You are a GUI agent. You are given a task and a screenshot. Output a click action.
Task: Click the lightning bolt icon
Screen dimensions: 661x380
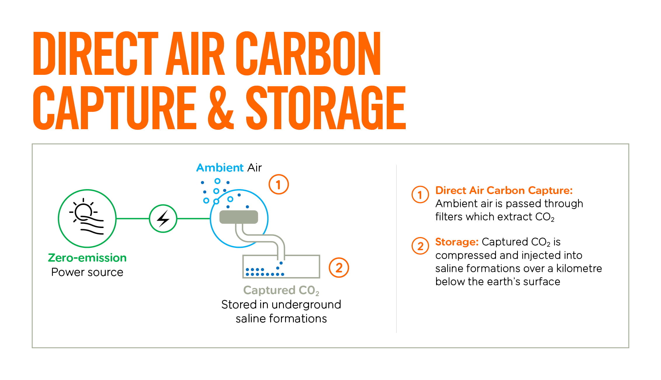coord(163,219)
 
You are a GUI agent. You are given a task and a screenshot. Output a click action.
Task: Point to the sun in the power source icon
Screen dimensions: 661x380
coord(84,212)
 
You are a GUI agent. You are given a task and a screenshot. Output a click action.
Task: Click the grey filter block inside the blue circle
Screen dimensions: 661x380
coord(239,217)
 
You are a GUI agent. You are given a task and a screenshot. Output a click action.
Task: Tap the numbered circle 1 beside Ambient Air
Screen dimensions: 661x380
coord(279,184)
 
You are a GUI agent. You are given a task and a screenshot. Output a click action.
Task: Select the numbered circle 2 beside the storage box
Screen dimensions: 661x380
coord(339,268)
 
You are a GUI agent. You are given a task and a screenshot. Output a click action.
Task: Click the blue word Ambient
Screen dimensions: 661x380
coord(220,168)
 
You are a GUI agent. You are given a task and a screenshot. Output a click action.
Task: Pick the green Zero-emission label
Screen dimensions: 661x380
coord(87,258)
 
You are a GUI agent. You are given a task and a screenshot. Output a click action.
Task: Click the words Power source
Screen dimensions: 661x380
coord(87,272)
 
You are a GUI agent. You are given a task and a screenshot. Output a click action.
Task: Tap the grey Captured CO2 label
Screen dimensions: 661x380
coord(281,290)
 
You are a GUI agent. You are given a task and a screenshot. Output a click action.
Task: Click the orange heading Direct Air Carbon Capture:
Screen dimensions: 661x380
coord(504,190)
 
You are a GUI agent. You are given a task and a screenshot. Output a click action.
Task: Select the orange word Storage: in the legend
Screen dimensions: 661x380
coord(457,242)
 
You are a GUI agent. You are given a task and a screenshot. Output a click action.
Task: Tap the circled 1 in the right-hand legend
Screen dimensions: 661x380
coord(420,195)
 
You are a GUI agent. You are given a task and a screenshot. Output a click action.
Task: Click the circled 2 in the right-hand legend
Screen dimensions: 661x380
coord(420,246)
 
